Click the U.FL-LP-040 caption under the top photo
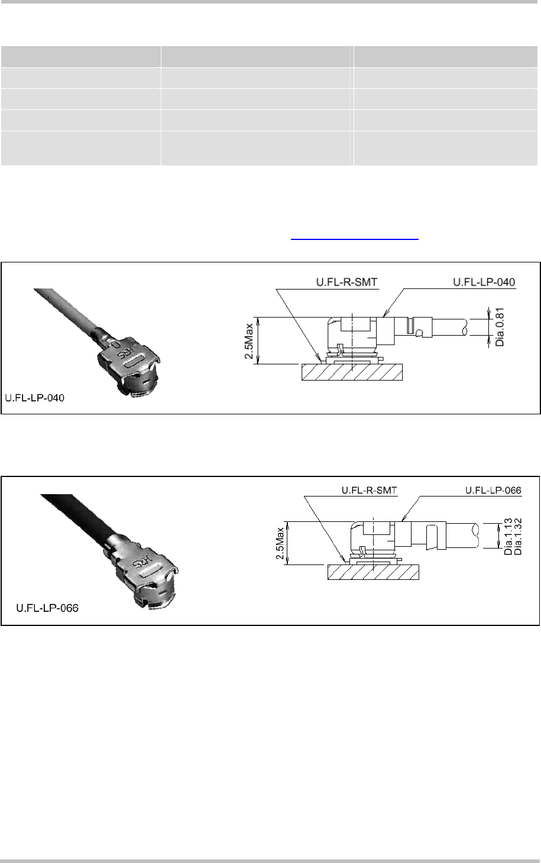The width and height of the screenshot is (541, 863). click(35, 398)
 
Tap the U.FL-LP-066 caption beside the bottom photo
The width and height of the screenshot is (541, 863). click(47, 608)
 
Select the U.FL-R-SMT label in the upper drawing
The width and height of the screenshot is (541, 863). click(346, 282)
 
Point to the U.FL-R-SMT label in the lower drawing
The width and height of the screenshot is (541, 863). click(369, 490)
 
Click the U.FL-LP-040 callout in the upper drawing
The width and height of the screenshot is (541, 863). click(484, 282)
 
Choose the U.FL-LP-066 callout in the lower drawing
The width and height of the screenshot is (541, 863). click(493, 490)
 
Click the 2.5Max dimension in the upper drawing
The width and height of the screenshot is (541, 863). click(249, 341)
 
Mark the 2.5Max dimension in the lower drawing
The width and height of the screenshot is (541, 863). click(280, 543)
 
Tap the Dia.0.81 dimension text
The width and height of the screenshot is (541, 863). click(500, 327)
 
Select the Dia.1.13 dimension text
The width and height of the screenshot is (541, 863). click(508, 537)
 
